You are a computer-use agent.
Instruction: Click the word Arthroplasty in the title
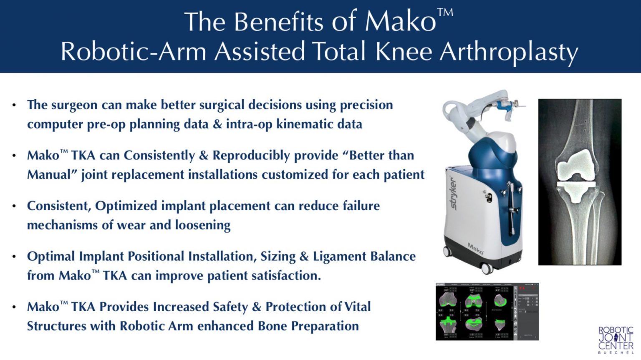[509, 52]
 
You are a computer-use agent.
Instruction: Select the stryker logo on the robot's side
[454, 193]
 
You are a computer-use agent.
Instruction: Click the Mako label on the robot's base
[475, 249]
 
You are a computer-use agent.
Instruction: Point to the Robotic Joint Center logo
[616, 340]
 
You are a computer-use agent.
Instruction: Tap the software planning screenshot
[487, 311]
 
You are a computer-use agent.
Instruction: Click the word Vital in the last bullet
[357, 307]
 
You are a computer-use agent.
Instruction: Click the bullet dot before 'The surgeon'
[14, 105]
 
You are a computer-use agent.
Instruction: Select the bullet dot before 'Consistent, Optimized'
[14, 206]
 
